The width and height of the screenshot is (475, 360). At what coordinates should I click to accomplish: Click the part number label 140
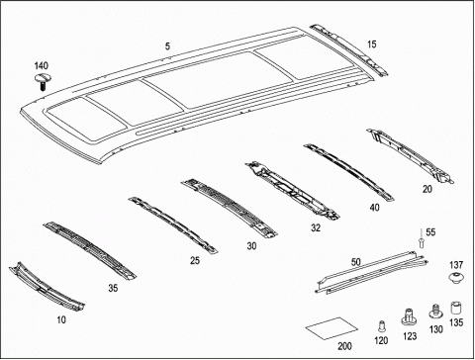(x=42, y=66)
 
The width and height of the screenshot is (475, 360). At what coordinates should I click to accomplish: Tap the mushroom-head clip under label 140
(x=42, y=82)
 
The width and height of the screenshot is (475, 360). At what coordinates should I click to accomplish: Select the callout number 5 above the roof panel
(x=167, y=46)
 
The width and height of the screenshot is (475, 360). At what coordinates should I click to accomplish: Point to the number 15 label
(x=372, y=45)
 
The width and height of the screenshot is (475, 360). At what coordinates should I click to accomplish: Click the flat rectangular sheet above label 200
(x=332, y=328)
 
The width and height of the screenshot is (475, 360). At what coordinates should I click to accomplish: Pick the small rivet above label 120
(x=382, y=325)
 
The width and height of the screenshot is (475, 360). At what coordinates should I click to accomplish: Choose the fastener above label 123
(x=409, y=316)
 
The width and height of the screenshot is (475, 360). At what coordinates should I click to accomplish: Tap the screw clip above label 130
(x=435, y=312)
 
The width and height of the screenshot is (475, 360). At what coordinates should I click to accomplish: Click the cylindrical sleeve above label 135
(x=456, y=309)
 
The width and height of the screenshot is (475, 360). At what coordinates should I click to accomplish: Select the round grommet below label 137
(x=456, y=278)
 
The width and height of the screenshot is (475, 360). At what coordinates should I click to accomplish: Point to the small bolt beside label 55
(x=422, y=238)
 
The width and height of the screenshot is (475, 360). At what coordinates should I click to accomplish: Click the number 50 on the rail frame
(x=356, y=262)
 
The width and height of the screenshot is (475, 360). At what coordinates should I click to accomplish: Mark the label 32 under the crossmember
(x=316, y=227)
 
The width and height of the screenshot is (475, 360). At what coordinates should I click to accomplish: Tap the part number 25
(x=195, y=260)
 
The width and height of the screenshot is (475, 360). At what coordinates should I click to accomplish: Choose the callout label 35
(x=113, y=288)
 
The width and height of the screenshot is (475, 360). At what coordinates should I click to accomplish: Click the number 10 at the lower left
(x=61, y=319)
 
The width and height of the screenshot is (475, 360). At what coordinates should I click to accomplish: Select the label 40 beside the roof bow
(x=374, y=208)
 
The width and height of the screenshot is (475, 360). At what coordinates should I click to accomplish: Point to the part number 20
(x=427, y=189)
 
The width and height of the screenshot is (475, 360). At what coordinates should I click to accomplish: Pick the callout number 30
(x=251, y=246)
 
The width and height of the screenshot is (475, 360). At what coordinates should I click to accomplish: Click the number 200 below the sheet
(x=344, y=346)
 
